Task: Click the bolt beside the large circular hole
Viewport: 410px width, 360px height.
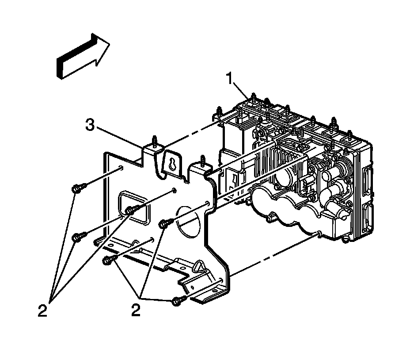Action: pyautogui.click(x=165, y=224)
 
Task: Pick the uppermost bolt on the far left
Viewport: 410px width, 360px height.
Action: pyautogui.click(x=76, y=189)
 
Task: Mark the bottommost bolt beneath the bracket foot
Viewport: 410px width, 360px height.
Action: pyautogui.click(x=178, y=301)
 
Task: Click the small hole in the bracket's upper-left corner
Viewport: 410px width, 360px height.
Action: pyautogui.click(x=120, y=168)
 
